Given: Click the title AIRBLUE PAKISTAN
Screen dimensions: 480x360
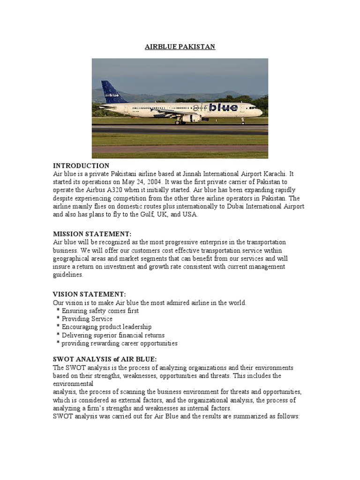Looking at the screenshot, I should pyautogui.click(x=180, y=47).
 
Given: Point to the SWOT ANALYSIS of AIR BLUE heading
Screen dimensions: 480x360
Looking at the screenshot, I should pyautogui.click(x=105, y=359).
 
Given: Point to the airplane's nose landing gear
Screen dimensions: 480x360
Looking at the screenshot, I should pyautogui.click(x=242, y=121).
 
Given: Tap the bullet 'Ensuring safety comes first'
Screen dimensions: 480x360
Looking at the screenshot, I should pyautogui.click(x=100, y=311).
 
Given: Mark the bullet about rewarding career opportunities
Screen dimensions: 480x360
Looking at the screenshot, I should pyautogui.click(x=119, y=343).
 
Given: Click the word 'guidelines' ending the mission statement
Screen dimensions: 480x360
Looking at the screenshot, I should pyautogui.click(x=68, y=275).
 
